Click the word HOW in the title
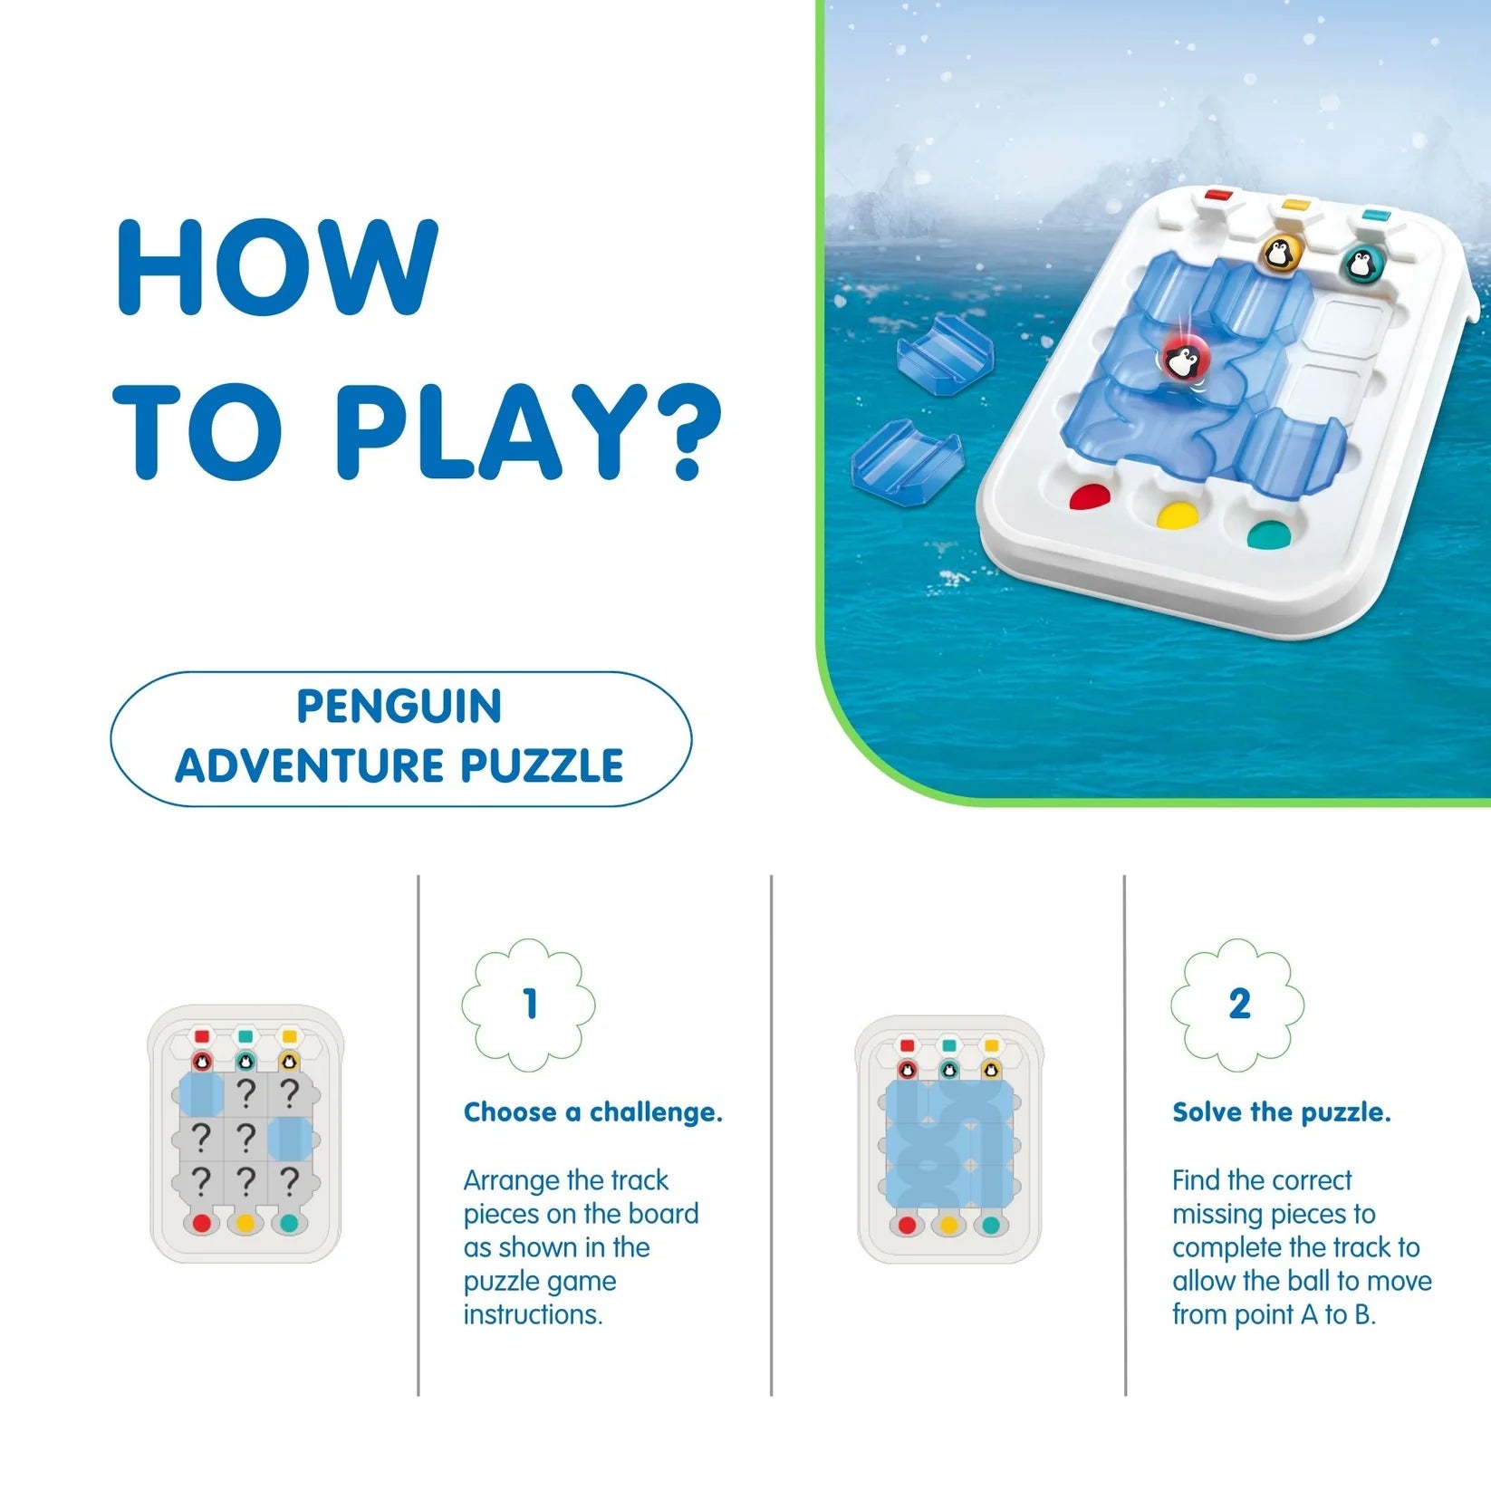pos(277,268)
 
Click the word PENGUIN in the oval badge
pos(399,707)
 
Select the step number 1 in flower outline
pos(530,1005)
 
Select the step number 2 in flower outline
pos(1239,1005)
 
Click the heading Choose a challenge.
pos(592,1112)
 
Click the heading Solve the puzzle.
pos(1281,1112)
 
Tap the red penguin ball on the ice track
pos(1182,359)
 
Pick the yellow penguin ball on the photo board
pos(1279,254)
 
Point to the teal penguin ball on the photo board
pos(1359,265)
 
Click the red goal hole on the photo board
pos(1090,496)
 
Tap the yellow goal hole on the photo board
pos(1178,516)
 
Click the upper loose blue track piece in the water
pos(944,355)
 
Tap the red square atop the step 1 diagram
pos(202,1036)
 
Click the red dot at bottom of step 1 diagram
pos(202,1223)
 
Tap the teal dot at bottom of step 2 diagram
pos(991,1226)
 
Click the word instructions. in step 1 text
pos(533,1314)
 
